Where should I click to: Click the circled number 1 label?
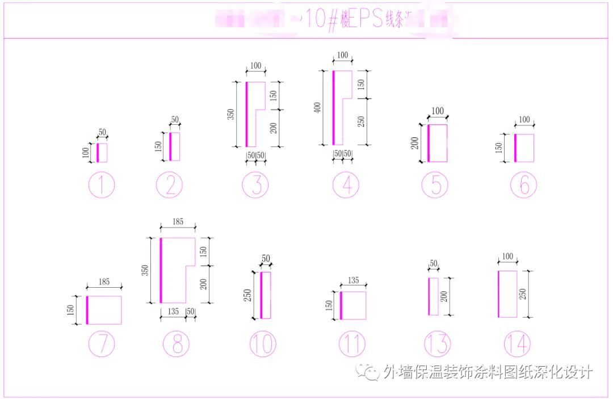(102, 185)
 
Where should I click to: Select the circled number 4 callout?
(346, 185)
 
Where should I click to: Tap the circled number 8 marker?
(177, 344)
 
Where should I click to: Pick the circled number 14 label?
(517, 344)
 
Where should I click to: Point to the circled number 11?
(352, 344)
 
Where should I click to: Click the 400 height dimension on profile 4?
(318, 107)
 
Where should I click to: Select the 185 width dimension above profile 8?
(178, 222)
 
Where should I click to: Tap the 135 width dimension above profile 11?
(353, 280)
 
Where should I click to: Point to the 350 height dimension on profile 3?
(230, 114)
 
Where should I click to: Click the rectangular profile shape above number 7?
(104, 310)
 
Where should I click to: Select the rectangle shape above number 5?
(438, 143)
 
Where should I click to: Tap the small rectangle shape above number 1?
(102, 153)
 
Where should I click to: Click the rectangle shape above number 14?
(508, 294)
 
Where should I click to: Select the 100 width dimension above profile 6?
(524, 120)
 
